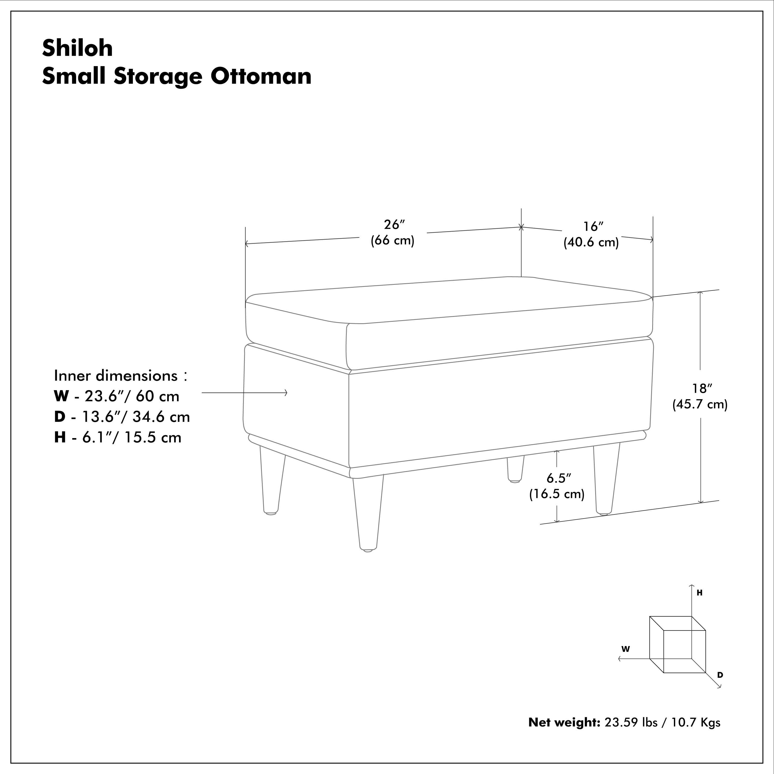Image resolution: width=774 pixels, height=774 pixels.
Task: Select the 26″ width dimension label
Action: point(394,225)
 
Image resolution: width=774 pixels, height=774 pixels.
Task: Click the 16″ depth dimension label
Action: point(593,227)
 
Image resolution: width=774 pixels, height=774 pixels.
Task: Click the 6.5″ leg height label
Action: point(558,478)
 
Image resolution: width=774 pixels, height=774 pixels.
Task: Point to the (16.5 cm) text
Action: point(557,494)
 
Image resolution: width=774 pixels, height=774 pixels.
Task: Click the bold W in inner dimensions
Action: point(61,396)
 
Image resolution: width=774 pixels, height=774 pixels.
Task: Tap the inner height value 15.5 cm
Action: point(153,438)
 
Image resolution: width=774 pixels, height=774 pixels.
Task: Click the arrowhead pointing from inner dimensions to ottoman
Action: point(285,393)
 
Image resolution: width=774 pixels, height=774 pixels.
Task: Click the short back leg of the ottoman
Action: point(515,469)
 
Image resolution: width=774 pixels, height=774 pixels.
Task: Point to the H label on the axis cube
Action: point(699,593)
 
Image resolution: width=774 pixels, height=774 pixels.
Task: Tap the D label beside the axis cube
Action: point(720,675)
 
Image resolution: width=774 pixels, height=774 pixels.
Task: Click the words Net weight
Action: point(564,722)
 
